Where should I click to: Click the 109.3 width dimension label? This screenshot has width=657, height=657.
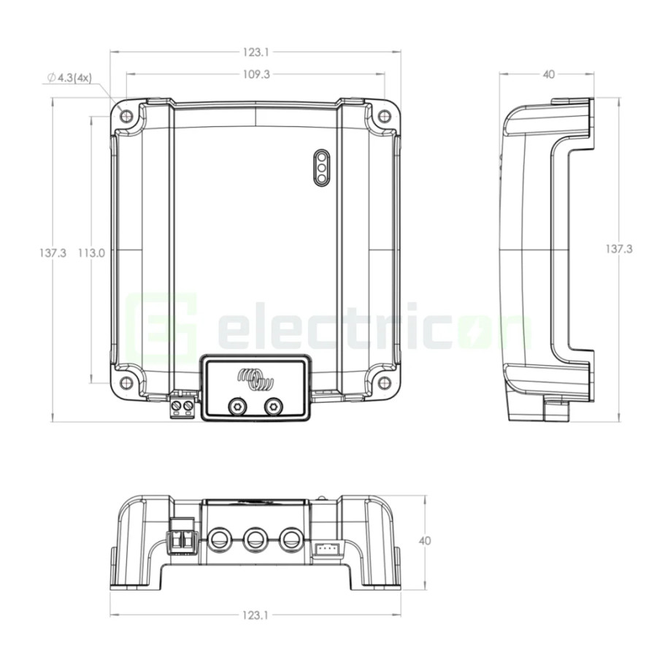pos(256,74)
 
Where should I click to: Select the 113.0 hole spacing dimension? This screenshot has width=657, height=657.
pos(91,253)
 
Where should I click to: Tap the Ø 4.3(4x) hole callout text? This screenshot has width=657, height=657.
pos(69,78)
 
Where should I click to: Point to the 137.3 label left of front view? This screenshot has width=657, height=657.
pos(53,253)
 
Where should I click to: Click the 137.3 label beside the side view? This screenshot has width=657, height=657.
pos(619,250)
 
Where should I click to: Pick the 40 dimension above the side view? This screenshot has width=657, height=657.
pos(548,74)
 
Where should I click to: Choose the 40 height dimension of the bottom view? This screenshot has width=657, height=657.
pos(425,541)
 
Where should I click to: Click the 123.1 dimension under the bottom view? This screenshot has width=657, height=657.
pos(255,615)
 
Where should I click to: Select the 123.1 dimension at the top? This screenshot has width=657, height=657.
pos(256,53)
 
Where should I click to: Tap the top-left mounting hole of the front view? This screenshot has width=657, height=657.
pos(126,115)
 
